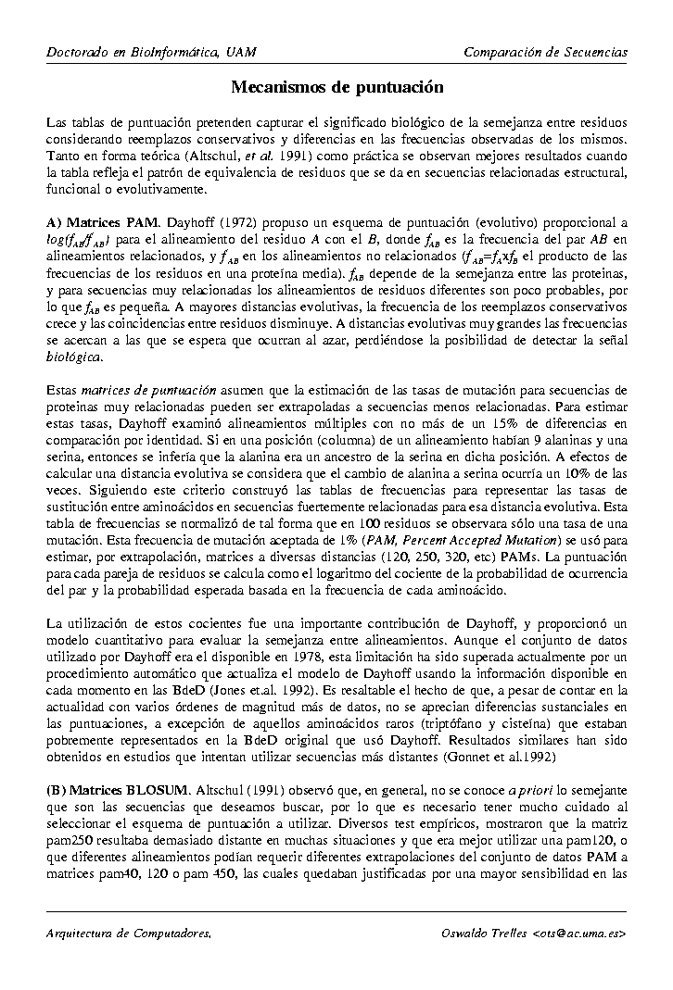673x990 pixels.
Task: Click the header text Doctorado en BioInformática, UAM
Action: tap(151, 52)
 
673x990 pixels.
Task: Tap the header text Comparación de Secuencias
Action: tap(545, 52)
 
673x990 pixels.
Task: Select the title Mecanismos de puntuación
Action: tap(336, 87)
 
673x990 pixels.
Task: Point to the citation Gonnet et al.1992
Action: tap(494, 757)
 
